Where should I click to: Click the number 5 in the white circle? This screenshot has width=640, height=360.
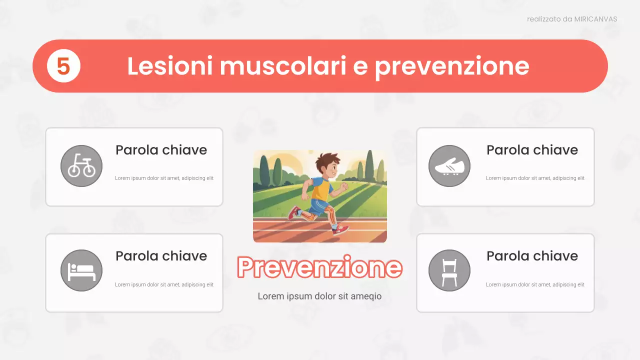click(x=63, y=66)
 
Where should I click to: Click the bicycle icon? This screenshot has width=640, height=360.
click(x=81, y=165)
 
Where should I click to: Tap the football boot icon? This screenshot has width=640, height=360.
click(x=449, y=166)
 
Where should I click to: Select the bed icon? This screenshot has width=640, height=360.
click(x=81, y=270)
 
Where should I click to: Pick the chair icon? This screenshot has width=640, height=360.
click(x=449, y=270)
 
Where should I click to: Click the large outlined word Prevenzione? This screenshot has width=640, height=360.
click(x=319, y=267)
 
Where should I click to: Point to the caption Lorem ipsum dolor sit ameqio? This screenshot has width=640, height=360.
click(x=319, y=296)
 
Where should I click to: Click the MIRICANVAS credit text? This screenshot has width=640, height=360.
click(x=572, y=19)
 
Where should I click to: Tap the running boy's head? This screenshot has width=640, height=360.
click(x=328, y=165)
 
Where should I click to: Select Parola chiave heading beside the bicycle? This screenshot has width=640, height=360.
click(x=161, y=150)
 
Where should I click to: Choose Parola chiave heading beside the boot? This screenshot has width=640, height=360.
click(x=532, y=150)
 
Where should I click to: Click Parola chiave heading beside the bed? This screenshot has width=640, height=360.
click(x=161, y=256)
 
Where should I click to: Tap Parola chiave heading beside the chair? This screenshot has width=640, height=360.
click(x=532, y=256)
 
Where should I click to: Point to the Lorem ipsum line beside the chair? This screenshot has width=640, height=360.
click(x=535, y=284)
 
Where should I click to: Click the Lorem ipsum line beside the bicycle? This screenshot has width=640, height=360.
click(x=164, y=178)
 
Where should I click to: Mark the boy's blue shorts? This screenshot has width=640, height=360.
click(x=318, y=205)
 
